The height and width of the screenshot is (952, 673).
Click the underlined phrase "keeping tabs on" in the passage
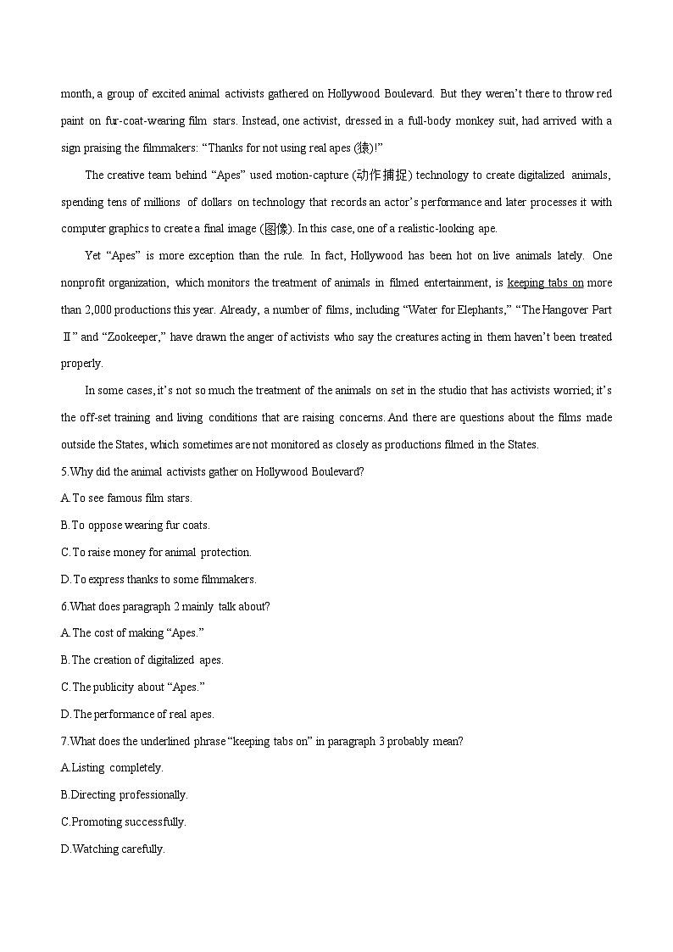545,283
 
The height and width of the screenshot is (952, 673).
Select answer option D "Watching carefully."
113,849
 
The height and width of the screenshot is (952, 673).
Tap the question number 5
64,471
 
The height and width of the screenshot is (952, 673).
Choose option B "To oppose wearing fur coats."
135,526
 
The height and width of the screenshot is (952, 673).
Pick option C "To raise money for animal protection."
156,553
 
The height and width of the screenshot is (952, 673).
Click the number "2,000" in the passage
101,310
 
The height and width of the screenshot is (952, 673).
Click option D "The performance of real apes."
137,715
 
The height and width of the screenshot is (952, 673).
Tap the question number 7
64,742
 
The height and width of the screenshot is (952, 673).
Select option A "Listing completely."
112,768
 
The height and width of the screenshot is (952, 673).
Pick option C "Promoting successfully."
124,822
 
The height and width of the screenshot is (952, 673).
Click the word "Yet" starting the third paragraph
93,256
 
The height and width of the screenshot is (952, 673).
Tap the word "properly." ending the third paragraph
82,364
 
